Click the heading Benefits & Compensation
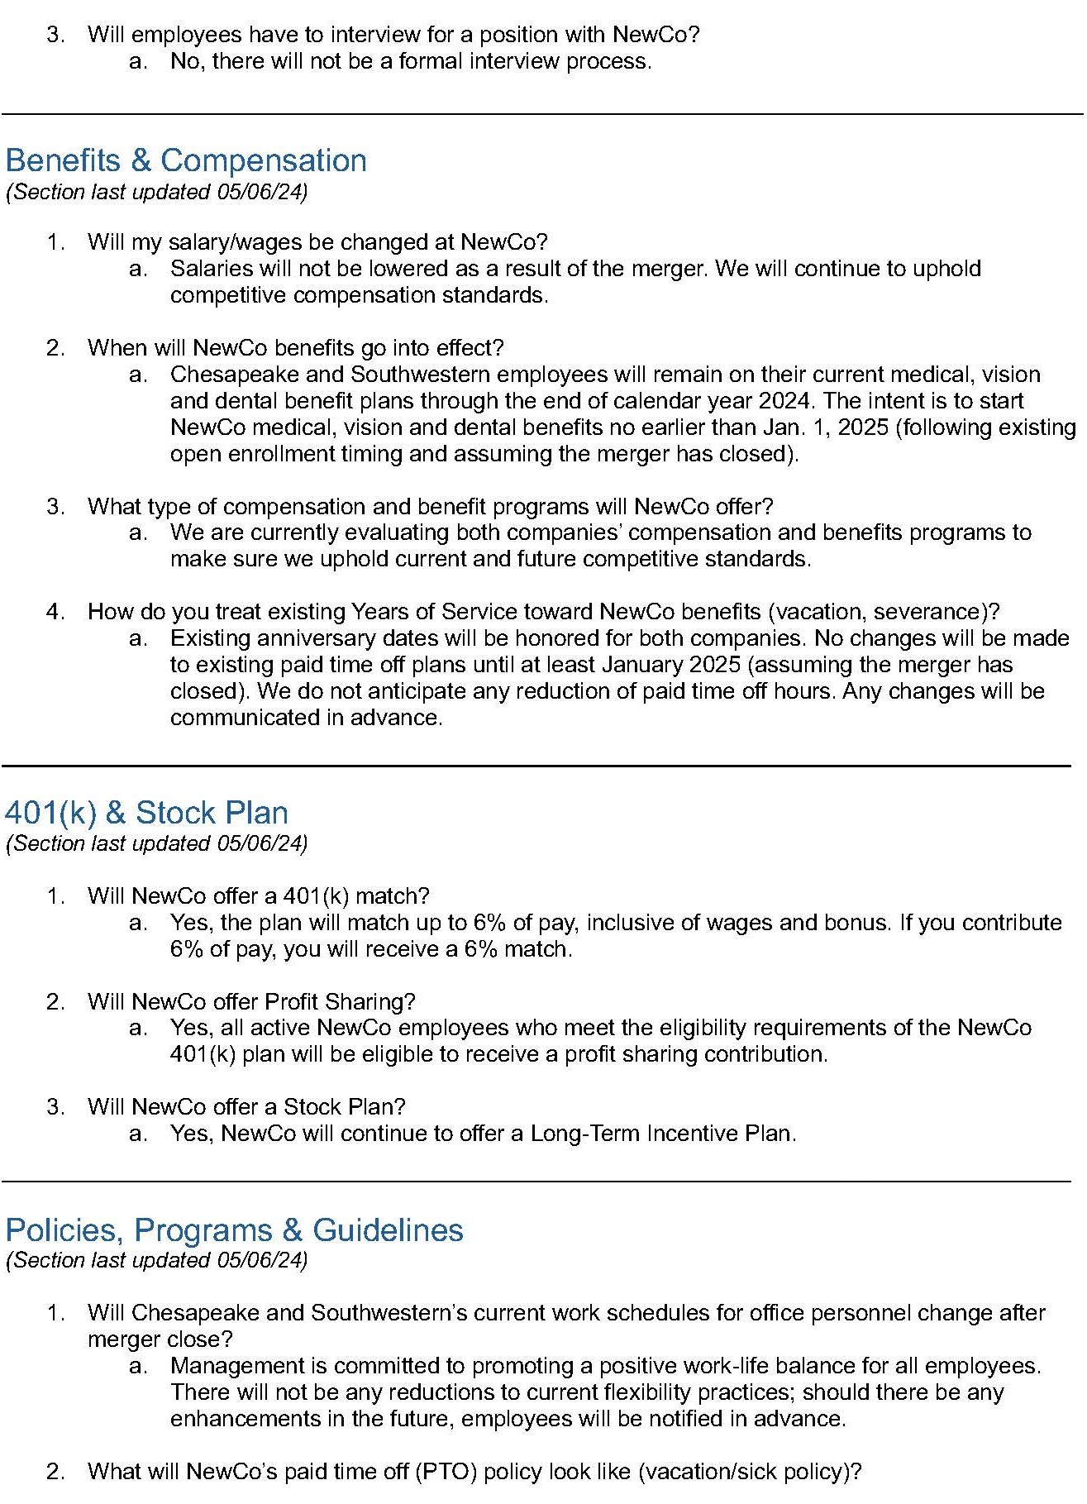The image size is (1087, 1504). coord(186,160)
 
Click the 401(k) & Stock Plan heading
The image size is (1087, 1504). coord(146,813)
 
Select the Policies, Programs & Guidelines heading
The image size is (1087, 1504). coord(234,1229)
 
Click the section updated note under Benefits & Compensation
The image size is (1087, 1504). coord(156,192)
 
